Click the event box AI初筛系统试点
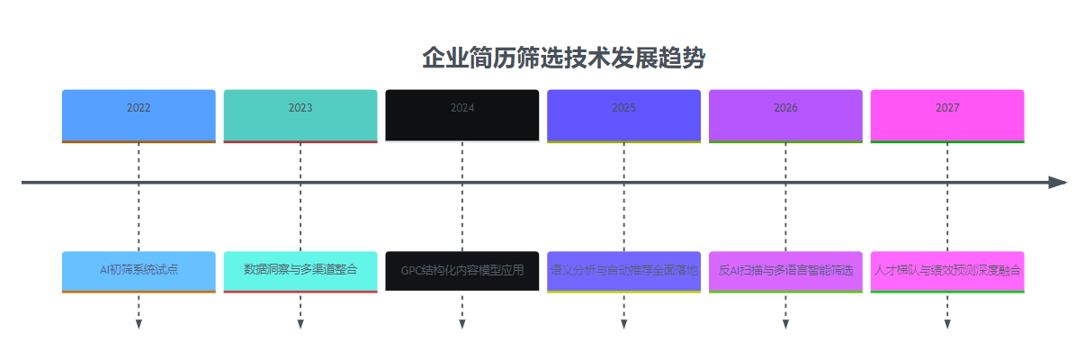(x=139, y=271)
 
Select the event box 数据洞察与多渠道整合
(x=300, y=271)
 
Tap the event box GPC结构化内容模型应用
(x=462, y=271)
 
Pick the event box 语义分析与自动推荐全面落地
(x=623, y=271)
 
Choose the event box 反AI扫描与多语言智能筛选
(x=785, y=271)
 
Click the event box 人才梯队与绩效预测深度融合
(x=947, y=271)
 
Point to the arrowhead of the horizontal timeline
(x=1058, y=182)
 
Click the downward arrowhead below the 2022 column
(x=139, y=324)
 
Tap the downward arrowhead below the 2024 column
(x=462, y=324)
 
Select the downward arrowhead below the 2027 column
(x=947, y=324)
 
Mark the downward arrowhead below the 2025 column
(x=623, y=324)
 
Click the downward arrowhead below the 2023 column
(x=300, y=324)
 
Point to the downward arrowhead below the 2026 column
(x=785, y=324)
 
